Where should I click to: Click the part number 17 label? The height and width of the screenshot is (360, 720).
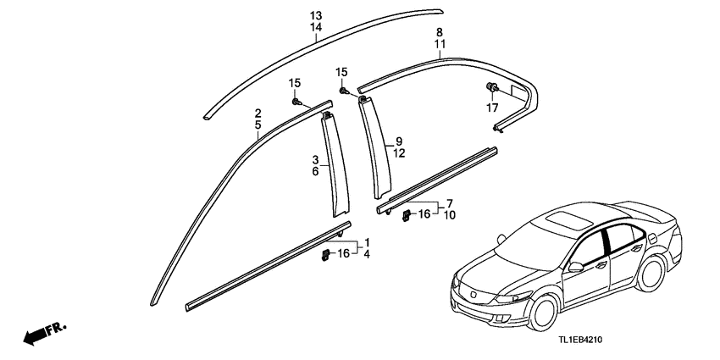(492, 108)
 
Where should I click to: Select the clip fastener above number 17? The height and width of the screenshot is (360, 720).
(491, 86)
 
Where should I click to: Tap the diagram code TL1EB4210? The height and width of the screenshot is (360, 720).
(580, 340)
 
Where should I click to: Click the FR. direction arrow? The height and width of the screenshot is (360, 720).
(44, 334)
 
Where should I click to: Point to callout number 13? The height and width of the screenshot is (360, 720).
(316, 15)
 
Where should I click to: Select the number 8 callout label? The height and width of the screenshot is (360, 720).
(440, 32)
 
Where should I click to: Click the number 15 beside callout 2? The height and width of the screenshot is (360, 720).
(294, 83)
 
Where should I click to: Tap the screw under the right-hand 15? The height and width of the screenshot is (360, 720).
(342, 91)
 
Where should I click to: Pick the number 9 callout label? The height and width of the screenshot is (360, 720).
(399, 141)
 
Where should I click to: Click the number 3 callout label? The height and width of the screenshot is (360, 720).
(315, 160)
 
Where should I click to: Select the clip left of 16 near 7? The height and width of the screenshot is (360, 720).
(407, 215)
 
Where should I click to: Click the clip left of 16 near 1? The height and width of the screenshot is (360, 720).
(325, 254)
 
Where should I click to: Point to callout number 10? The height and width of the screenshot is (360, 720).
(450, 215)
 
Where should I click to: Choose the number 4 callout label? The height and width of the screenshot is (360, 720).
(367, 254)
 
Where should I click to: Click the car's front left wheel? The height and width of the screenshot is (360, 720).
(543, 313)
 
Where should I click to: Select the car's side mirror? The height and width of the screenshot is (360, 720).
(575, 267)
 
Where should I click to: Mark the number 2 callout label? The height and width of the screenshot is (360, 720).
(258, 113)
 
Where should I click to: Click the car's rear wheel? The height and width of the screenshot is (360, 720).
(651, 274)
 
